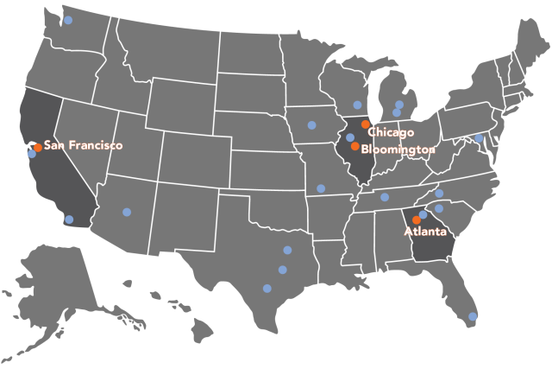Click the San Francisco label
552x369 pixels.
pyautogui.click(x=83, y=146)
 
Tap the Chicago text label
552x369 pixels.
pyautogui.click(x=391, y=132)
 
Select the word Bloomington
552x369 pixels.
pyautogui.click(x=398, y=150)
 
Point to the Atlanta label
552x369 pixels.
pyautogui.click(x=425, y=232)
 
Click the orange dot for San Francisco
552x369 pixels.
pyautogui.click(x=38, y=147)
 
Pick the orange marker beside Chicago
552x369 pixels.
pyautogui.click(x=366, y=124)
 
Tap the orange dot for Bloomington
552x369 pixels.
pyautogui.click(x=355, y=146)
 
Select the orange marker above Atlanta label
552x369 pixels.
pyautogui.click(x=417, y=219)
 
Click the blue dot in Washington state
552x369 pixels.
pyautogui.click(x=69, y=20)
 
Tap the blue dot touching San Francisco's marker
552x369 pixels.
pyautogui.click(x=32, y=154)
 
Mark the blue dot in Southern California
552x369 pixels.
pyautogui.click(x=69, y=219)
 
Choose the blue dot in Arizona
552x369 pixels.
pyautogui.click(x=127, y=212)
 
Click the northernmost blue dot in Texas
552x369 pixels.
pyautogui.click(x=287, y=251)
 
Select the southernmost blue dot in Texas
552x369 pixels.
pyautogui.click(x=267, y=289)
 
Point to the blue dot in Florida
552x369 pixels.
pyautogui.click(x=473, y=316)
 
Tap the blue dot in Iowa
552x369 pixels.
pyautogui.click(x=311, y=125)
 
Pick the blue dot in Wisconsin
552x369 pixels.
pyautogui.click(x=357, y=105)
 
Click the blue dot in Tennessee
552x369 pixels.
pyautogui.click(x=385, y=197)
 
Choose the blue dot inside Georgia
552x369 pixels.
pyautogui.click(x=423, y=214)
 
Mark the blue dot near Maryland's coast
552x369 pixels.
pyautogui.click(x=480, y=138)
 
